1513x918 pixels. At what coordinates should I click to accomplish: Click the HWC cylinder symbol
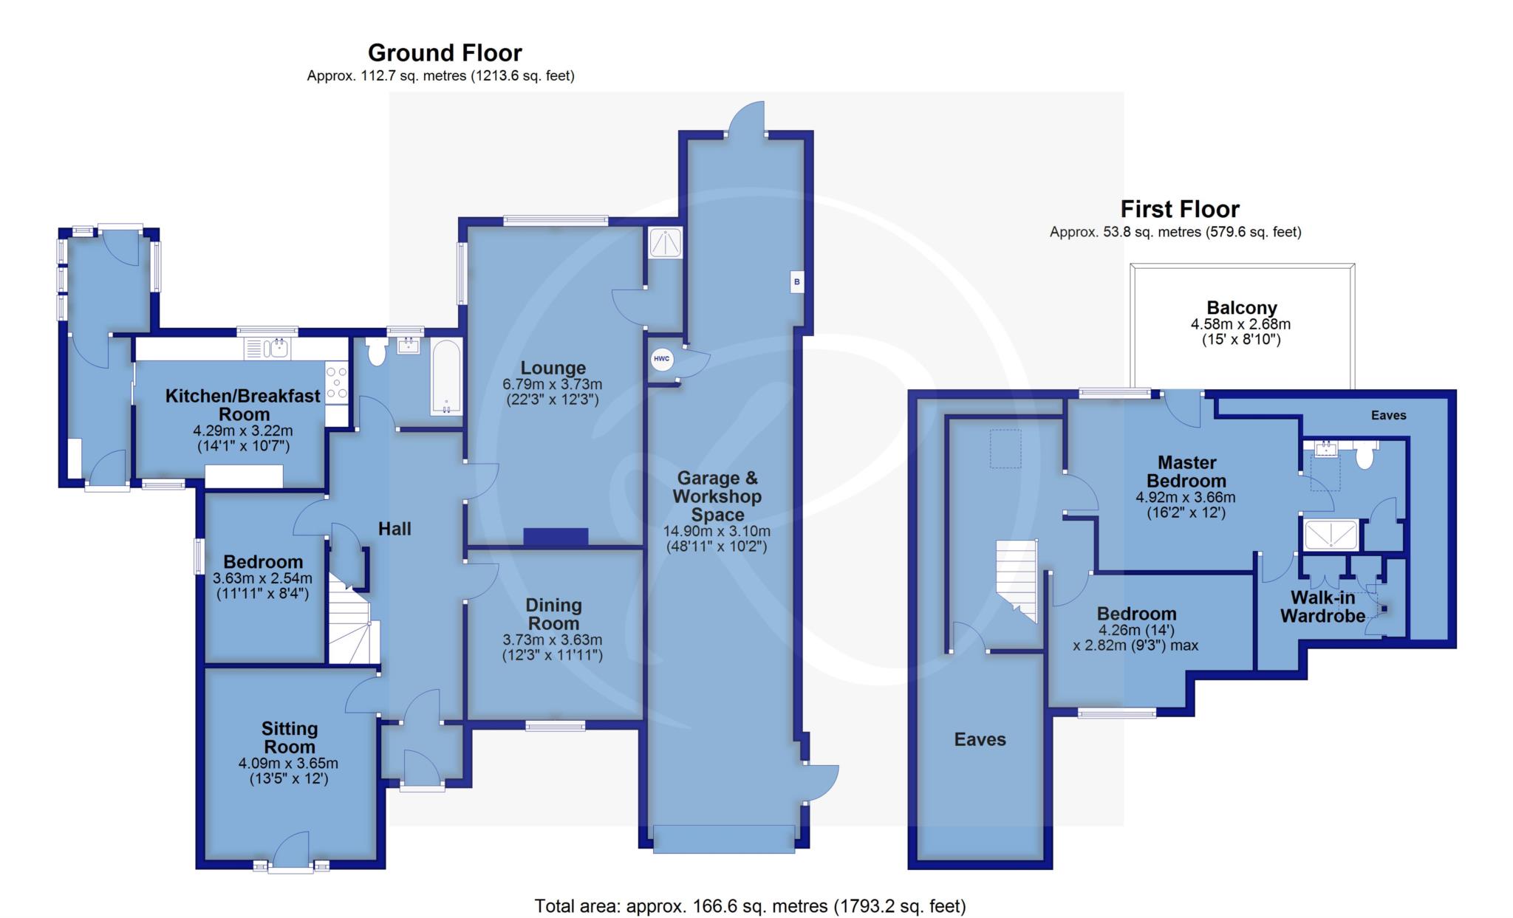coord(661,360)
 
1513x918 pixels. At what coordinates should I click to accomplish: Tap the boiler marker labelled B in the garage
coord(796,281)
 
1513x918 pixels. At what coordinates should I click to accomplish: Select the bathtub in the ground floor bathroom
coord(445,377)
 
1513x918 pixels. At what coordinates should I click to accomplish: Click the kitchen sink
coord(269,348)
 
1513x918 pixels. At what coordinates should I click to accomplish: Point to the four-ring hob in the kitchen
coord(336,383)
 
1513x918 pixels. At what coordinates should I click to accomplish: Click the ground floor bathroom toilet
coord(376,352)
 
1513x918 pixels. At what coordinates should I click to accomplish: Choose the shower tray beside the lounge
coord(665,242)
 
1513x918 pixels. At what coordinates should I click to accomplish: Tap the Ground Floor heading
coord(445,53)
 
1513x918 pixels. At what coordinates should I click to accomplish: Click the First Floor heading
coord(1179,209)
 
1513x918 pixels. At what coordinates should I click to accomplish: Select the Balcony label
coord(1242,307)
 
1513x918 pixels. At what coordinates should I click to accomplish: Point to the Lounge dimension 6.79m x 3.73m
coord(553,384)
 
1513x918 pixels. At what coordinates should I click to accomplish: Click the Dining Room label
coord(553,614)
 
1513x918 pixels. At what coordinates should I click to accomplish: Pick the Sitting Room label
coord(290,738)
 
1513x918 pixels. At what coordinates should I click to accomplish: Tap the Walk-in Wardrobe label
coord(1322,606)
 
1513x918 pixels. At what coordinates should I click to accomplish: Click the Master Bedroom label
coord(1186,471)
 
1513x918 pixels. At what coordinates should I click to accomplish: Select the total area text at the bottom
coord(750,905)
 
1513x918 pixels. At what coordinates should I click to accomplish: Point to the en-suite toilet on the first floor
coord(1365,455)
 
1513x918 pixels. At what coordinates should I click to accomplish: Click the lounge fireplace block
coord(556,537)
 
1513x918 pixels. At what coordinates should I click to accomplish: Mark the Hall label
coord(395,529)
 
